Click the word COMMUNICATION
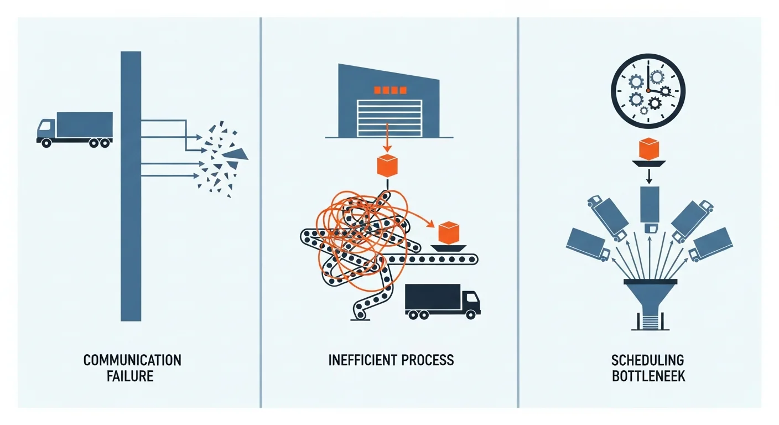tap(132, 360)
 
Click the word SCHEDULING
tap(648, 361)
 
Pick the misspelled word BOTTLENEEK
tap(648, 377)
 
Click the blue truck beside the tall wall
tap(75, 128)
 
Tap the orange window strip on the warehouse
tap(390, 90)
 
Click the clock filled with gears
tap(648, 91)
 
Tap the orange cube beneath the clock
tap(648, 149)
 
